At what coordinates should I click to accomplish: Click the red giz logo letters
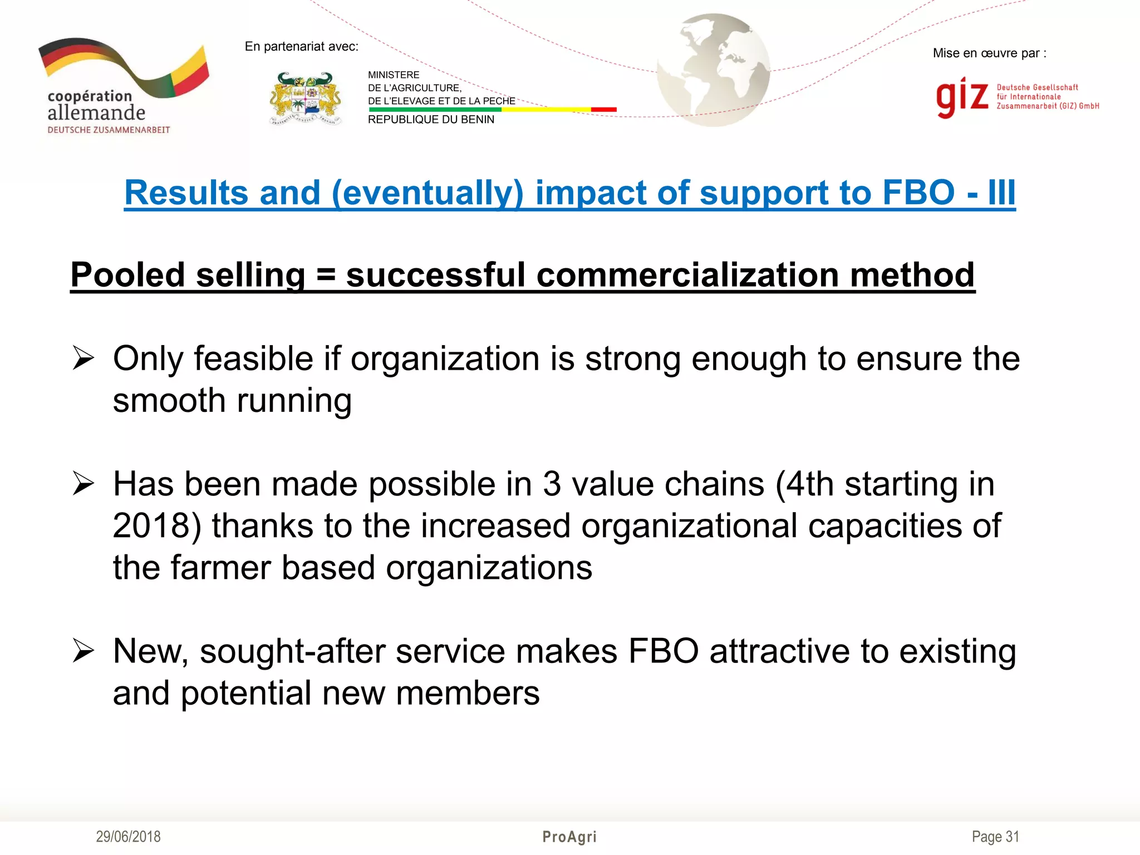pyautogui.click(x=961, y=97)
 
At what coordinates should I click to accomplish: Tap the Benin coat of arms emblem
pyautogui.click(x=305, y=99)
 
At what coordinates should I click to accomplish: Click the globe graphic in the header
pyautogui.click(x=714, y=70)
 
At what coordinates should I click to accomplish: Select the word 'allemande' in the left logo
pyautogui.click(x=96, y=113)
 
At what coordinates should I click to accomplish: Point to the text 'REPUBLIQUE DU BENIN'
pyautogui.click(x=431, y=120)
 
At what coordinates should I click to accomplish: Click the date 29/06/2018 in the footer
pyautogui.click(x=128, y=837)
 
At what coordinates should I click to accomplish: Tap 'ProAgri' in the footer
pyautogui.click(x=569, y=837)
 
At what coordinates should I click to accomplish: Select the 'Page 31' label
pyautogui.click(x=995, y=837)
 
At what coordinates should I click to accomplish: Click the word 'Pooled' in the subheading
pyautogui.click(x=127, y=275)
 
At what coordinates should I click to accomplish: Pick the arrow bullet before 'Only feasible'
pyautogui.click(x=83, y=358)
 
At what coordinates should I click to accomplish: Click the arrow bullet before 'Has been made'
pyautogui.click(x=83, y=483)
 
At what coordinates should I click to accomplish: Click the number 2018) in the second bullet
pyautogui.click(x=156, y=525)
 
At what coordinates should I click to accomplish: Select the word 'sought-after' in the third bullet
pyautogui.click(x=292, y=651)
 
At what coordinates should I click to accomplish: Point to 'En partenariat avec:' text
pyautogui.click(x=301, y=47)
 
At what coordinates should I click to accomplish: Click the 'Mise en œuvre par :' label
pyautogui.click(x=989, y=53)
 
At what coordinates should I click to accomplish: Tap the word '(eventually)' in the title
pyautogui.click(x=427, y=193)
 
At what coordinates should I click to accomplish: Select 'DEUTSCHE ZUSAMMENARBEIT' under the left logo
pyautogui.click(x=109, y=130)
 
